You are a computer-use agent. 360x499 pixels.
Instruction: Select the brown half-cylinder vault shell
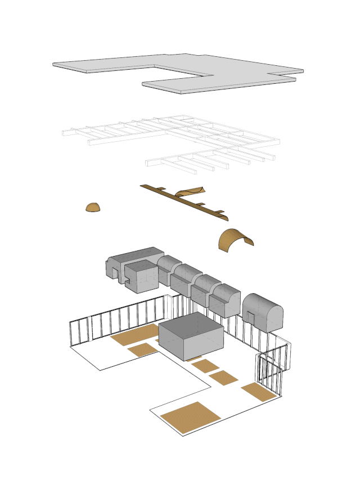[x=234, y=240]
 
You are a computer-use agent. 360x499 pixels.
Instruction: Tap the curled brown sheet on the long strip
[x=190, y=193]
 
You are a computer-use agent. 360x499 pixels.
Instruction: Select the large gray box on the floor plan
[x=191, y=335]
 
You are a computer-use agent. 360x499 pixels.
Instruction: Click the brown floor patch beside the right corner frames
[x=259, y=392]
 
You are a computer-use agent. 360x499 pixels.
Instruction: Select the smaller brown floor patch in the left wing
[x=142, y=350]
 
